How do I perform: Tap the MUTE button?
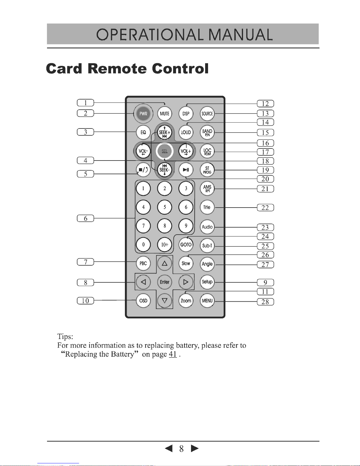coord(165,114)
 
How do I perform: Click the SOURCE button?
coord(207,114)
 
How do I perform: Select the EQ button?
coord(143,132)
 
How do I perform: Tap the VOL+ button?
coord(186,151)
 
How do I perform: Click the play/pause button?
coord(186,170)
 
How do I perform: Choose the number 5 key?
coord(165,207)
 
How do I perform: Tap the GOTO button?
coord(186,245)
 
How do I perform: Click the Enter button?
coord(165,282)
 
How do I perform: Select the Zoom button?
coord(186,301)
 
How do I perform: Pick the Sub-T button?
coord(207,245)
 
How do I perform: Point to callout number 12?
coord(265,103)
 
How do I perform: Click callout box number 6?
coord(86,218)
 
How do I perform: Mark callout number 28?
coord(265,302)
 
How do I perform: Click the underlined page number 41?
coord(173,354)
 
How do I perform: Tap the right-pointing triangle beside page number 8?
coord(195,448)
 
